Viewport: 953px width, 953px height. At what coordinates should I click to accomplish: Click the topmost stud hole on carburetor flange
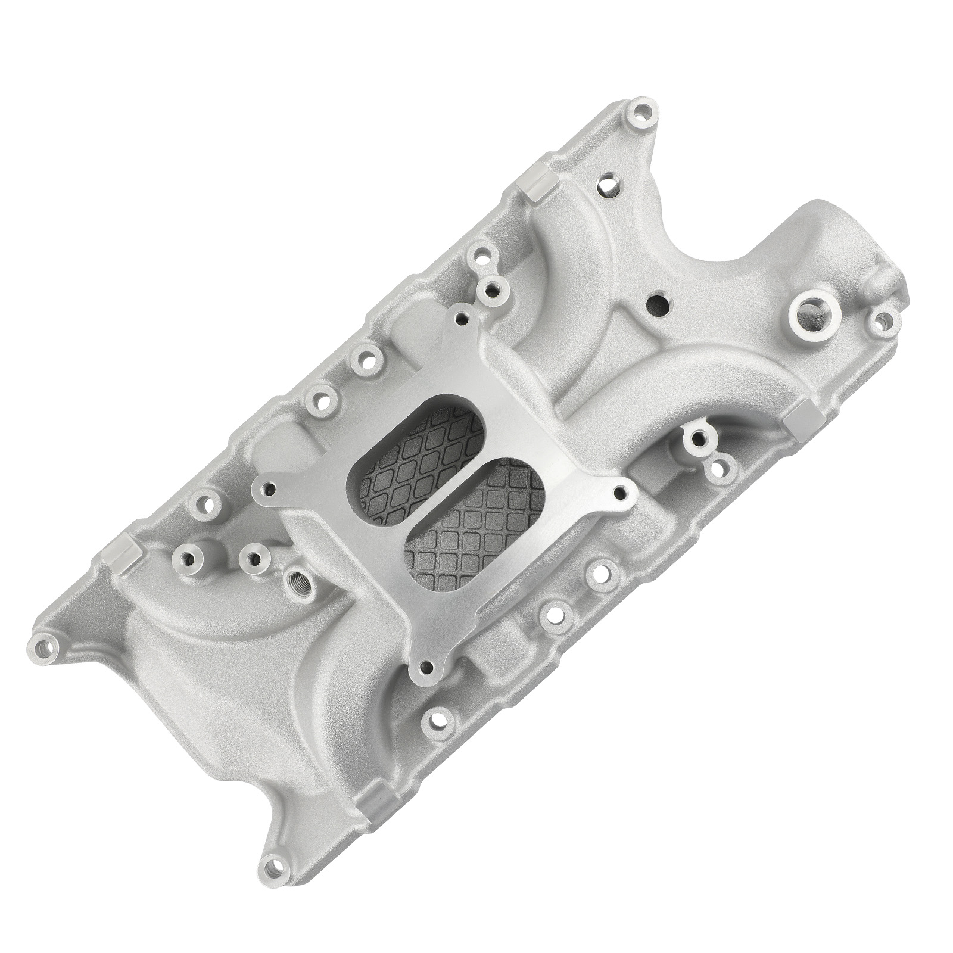pyautogui.click(x=460, y=319)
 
